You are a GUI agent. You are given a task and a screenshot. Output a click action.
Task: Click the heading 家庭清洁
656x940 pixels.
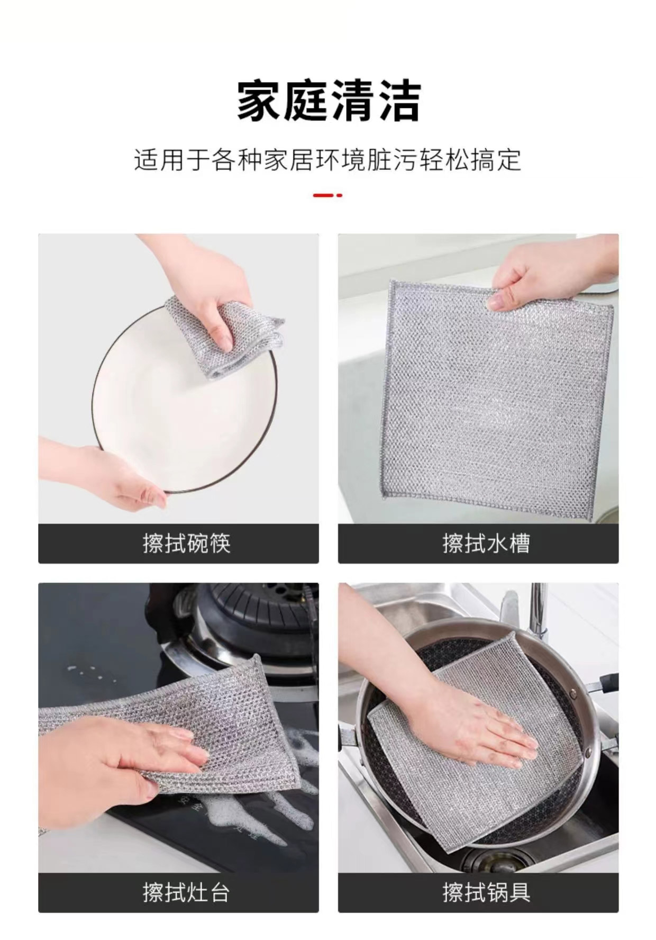coord(329,101)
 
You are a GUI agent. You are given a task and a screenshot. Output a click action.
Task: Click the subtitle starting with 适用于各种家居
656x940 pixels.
coord(328,160)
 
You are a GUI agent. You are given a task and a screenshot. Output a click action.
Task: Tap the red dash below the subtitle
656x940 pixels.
coord(327,195)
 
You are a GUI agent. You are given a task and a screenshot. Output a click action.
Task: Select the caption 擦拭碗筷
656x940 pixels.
coord(186,544)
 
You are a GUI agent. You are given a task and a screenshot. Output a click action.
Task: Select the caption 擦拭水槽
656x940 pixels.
coord(486,544)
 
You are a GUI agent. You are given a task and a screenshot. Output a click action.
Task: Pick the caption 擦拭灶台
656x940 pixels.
coord(186,892)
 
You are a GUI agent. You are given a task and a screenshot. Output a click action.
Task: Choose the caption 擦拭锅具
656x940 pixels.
coord(486,892)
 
